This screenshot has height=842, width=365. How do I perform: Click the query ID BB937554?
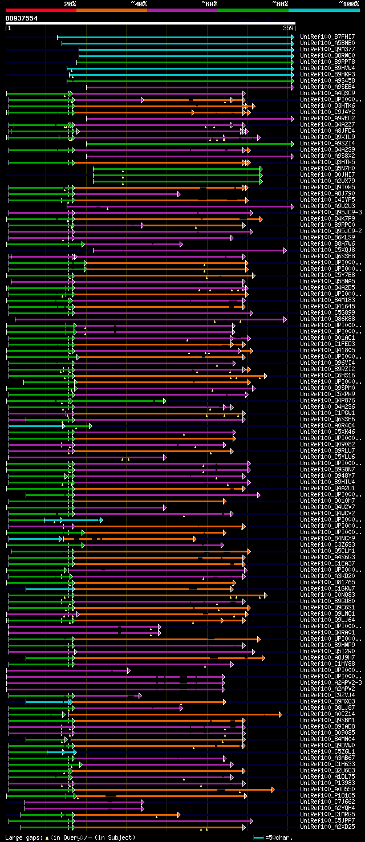tap(22, 18)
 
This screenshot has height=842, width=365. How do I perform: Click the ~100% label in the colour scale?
tap(348, 4)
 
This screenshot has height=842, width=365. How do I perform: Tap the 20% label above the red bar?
tap(70, 4)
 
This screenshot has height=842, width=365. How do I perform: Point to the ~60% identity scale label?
tap(209, 4)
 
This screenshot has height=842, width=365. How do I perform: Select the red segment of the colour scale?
tap(40, 10)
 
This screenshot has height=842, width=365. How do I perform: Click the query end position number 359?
tap(288, 27)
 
